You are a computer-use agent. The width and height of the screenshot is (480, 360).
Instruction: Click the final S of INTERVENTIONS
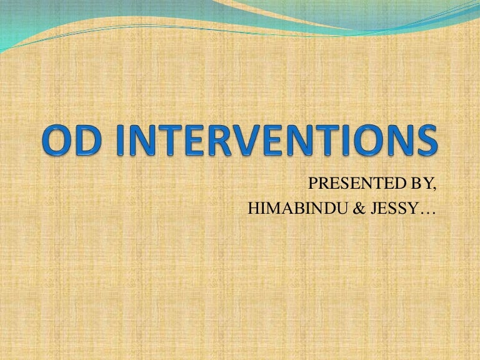pos(423,142)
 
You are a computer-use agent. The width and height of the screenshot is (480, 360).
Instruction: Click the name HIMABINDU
pos(288,209)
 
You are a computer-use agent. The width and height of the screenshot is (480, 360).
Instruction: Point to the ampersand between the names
pos(342,209)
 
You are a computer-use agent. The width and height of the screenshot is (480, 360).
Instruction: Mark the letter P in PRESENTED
pos(312,184)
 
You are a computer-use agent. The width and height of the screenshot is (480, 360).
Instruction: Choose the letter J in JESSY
pos(357,209)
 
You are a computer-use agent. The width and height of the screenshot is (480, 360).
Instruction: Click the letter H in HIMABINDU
pos(252,209)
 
